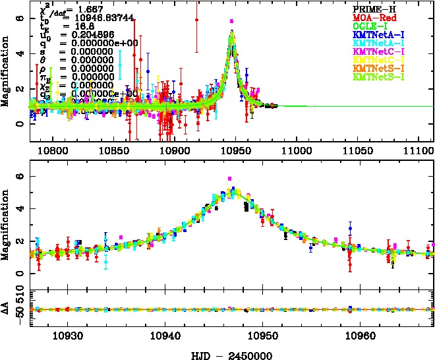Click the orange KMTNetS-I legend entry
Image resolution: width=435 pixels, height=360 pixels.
[x=379, y=68]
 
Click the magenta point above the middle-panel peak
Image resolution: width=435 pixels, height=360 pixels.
[x=230, y=179]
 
